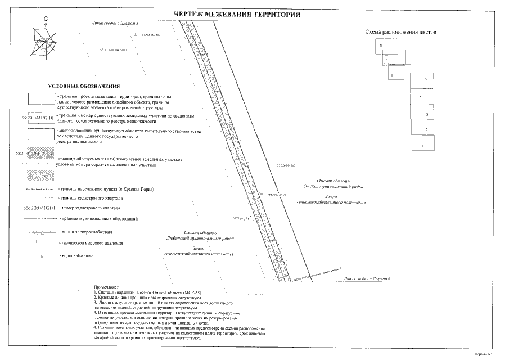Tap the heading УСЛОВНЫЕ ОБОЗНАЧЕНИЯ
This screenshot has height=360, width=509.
click(x=84, y=86)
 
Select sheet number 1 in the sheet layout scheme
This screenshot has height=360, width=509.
click(x=423, y=146)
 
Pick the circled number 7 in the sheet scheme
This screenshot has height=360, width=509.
click(x=386, y=60)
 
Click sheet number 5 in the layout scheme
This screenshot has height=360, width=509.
click(x=426, y=80)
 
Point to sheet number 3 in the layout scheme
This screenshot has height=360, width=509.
click(x=427, y=114)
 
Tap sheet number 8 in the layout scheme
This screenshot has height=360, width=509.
click(x=381, y=45)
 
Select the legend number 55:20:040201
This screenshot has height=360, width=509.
click(x=39, y=208)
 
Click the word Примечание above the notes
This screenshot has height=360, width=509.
click(x=107, y=287)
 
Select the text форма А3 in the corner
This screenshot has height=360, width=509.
click(x=483, y=354)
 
